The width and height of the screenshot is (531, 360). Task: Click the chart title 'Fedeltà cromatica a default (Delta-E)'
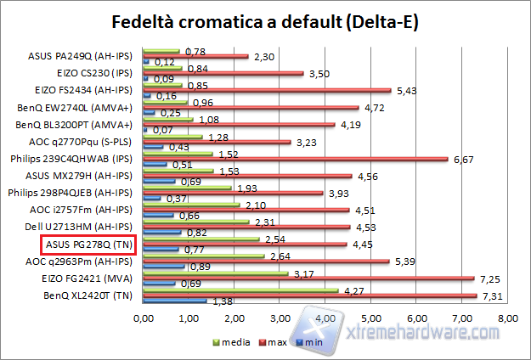265,20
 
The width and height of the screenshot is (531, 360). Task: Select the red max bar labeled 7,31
309,295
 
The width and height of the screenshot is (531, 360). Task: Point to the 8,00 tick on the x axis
507,319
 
